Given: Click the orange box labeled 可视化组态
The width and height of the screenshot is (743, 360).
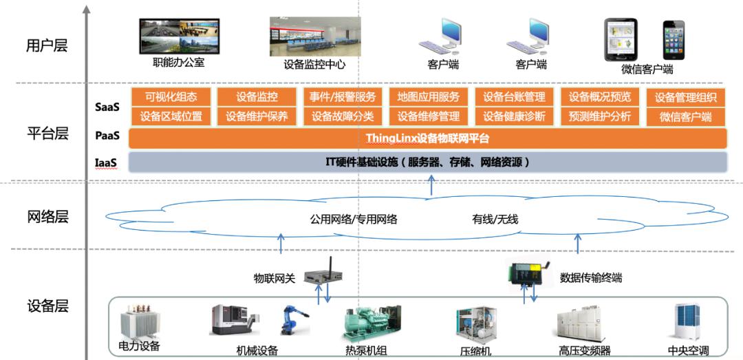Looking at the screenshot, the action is (171, 97).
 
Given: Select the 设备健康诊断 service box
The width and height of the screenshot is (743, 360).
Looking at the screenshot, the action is (514, 116).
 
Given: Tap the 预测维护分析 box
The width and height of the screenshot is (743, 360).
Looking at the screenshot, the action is (600, 116).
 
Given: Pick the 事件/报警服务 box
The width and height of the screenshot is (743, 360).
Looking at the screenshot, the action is (343, 97).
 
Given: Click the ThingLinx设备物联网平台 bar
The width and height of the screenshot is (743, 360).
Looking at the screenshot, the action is (428, 138).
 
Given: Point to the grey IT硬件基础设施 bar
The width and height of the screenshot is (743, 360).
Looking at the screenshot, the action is (428, 162).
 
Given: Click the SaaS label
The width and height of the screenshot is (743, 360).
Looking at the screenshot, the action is (107, 107).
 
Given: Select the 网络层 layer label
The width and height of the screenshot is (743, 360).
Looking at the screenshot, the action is (47, 217).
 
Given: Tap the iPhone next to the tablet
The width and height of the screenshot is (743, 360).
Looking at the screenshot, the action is (674, 40).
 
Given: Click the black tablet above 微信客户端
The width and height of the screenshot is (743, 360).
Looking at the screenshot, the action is (621, 40).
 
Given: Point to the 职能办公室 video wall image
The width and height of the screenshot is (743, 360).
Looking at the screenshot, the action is (179, 36).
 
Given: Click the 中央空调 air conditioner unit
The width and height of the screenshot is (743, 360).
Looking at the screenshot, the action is (687, 321).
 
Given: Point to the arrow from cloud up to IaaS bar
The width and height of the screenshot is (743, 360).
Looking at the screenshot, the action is (431, 185).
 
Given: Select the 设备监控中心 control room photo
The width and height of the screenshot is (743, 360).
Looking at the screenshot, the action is (315, 36).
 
